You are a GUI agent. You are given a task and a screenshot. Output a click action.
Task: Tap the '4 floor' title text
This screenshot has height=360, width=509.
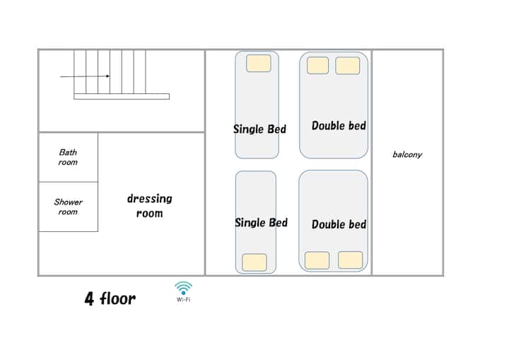[x=110, y=298]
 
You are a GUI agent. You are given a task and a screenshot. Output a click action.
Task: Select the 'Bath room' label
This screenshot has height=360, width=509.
[x=68, y=157]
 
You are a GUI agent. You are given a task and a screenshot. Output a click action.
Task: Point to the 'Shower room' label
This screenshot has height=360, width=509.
[x=68, y=207]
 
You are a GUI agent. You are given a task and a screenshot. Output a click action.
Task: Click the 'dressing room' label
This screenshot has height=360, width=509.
[x=150, y=206]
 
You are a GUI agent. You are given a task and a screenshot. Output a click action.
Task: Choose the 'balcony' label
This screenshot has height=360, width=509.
[x=407, y=154]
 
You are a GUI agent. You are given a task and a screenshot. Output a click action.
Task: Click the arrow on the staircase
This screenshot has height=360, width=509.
[x=85, y=76]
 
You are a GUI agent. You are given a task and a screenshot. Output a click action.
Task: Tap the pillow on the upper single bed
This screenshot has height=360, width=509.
[x=259, y=64]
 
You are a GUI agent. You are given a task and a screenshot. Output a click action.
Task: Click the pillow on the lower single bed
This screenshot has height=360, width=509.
[x=255, y=262]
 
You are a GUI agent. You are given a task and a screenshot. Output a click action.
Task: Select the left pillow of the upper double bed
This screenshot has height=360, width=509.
[x=318, y=65]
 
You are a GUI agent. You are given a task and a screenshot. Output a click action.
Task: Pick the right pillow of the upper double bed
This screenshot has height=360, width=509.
[x=347, y=65]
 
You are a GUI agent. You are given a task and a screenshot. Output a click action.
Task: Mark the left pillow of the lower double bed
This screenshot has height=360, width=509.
[x=317, y=260]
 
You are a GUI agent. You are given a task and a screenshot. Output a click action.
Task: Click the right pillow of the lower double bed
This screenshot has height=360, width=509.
[x=350, y=260]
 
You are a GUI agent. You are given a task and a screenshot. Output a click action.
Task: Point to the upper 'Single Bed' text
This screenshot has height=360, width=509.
[x=259, y=129]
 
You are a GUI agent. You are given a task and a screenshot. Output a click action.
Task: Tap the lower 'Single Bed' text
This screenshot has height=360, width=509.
[x=262, y=223]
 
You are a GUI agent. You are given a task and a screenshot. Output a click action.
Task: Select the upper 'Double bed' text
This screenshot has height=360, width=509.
[x=339, y=126]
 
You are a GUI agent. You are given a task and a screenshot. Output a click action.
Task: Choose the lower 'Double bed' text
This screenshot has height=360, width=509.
[x=339, y=224]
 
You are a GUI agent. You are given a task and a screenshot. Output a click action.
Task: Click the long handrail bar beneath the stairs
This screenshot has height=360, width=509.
[x=122, y=96]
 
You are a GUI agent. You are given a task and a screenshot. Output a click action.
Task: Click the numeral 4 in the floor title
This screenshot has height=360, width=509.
[x=89, y=298]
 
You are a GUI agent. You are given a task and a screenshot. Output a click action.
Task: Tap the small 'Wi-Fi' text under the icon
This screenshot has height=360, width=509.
[x=183, y=300]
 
